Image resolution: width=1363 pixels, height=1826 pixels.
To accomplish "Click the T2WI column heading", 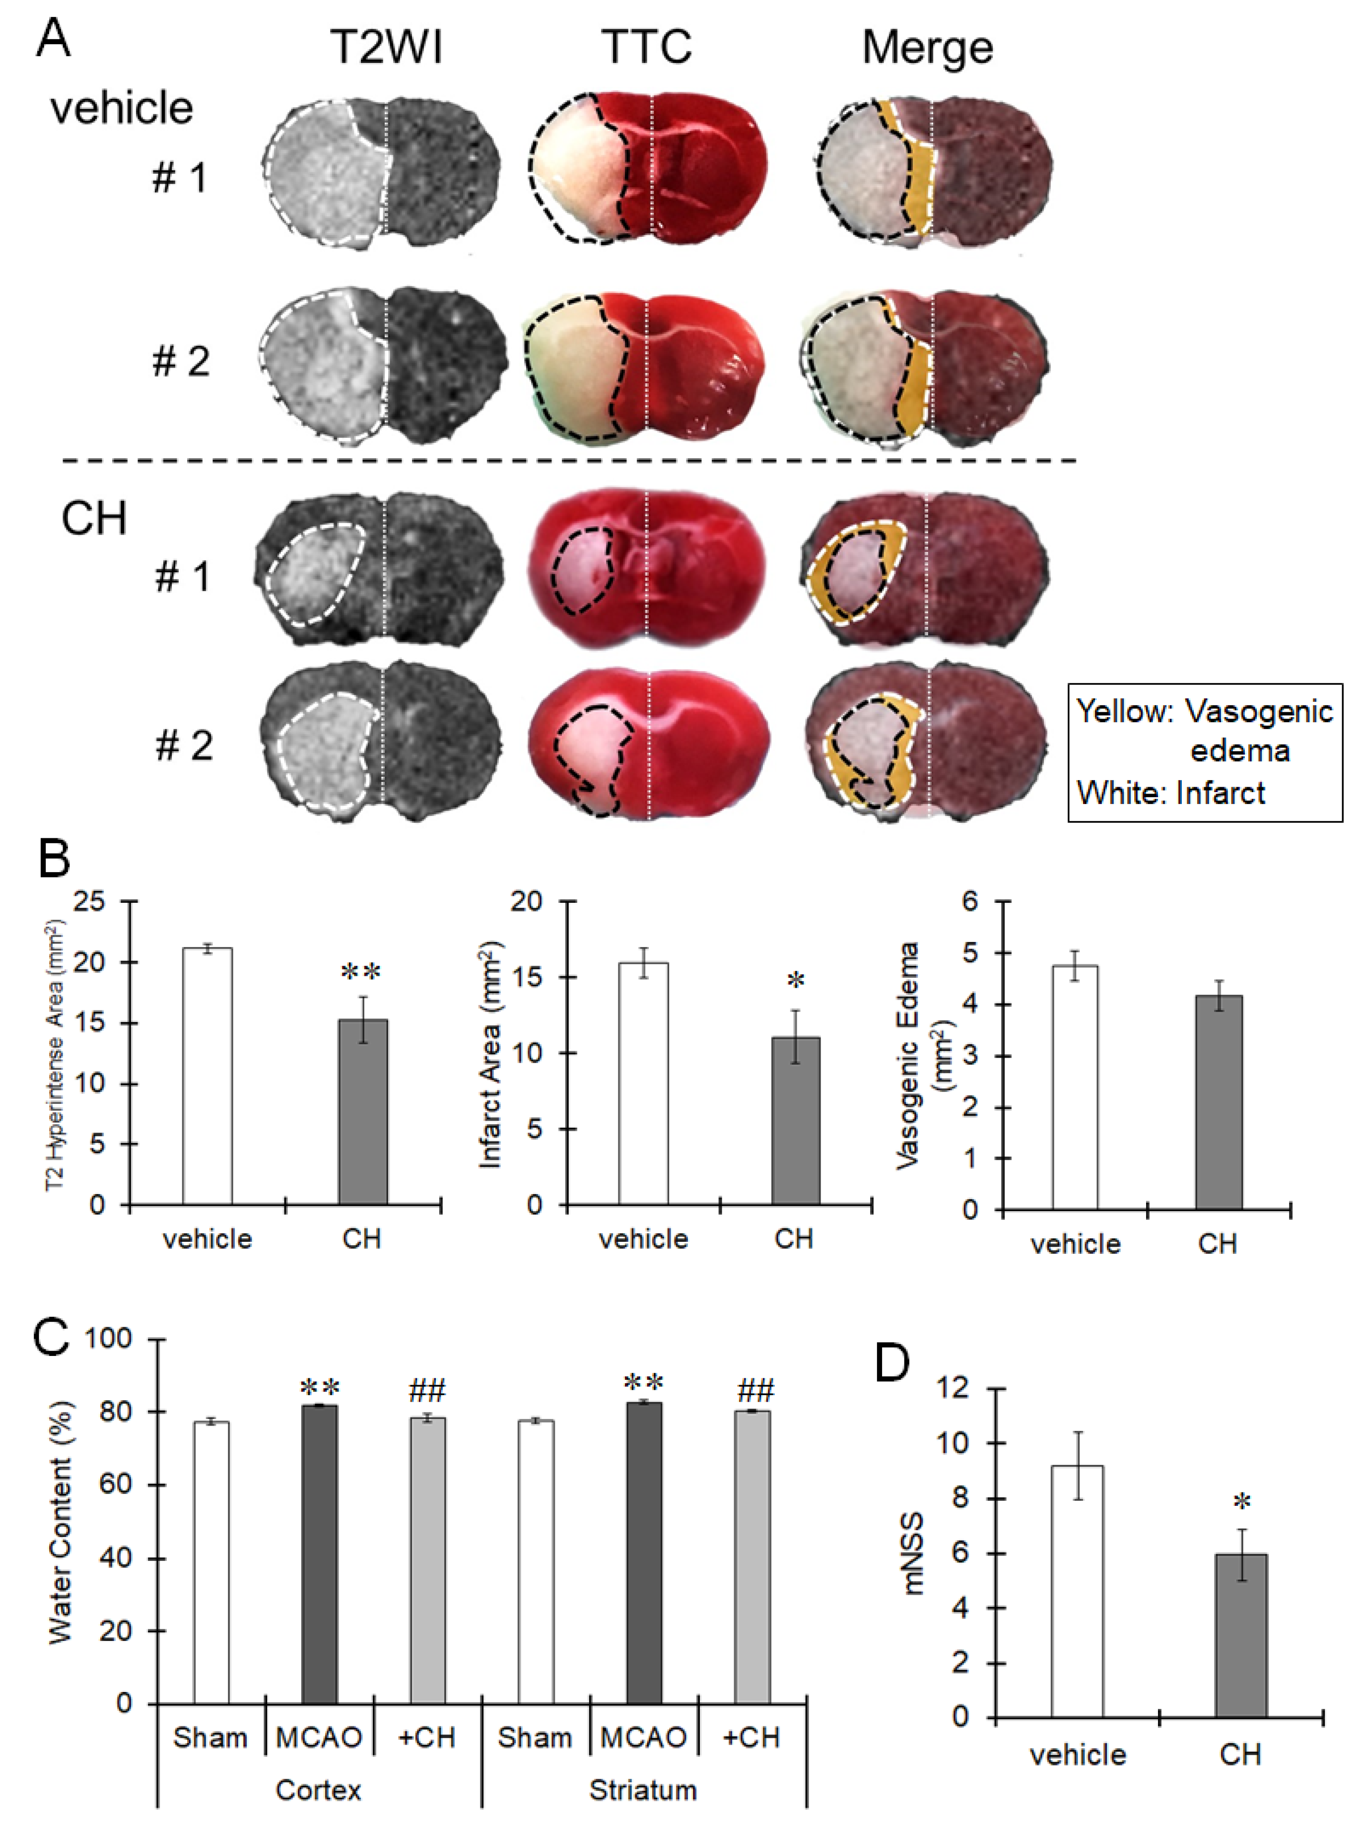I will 386,47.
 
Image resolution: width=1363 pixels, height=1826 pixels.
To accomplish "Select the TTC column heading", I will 647,47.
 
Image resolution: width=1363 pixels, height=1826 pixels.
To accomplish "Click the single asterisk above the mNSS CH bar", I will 1241,1502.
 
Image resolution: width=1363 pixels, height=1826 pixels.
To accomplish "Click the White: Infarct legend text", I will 1171,793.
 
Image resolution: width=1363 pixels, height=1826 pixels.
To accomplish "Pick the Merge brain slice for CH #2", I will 927,745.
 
